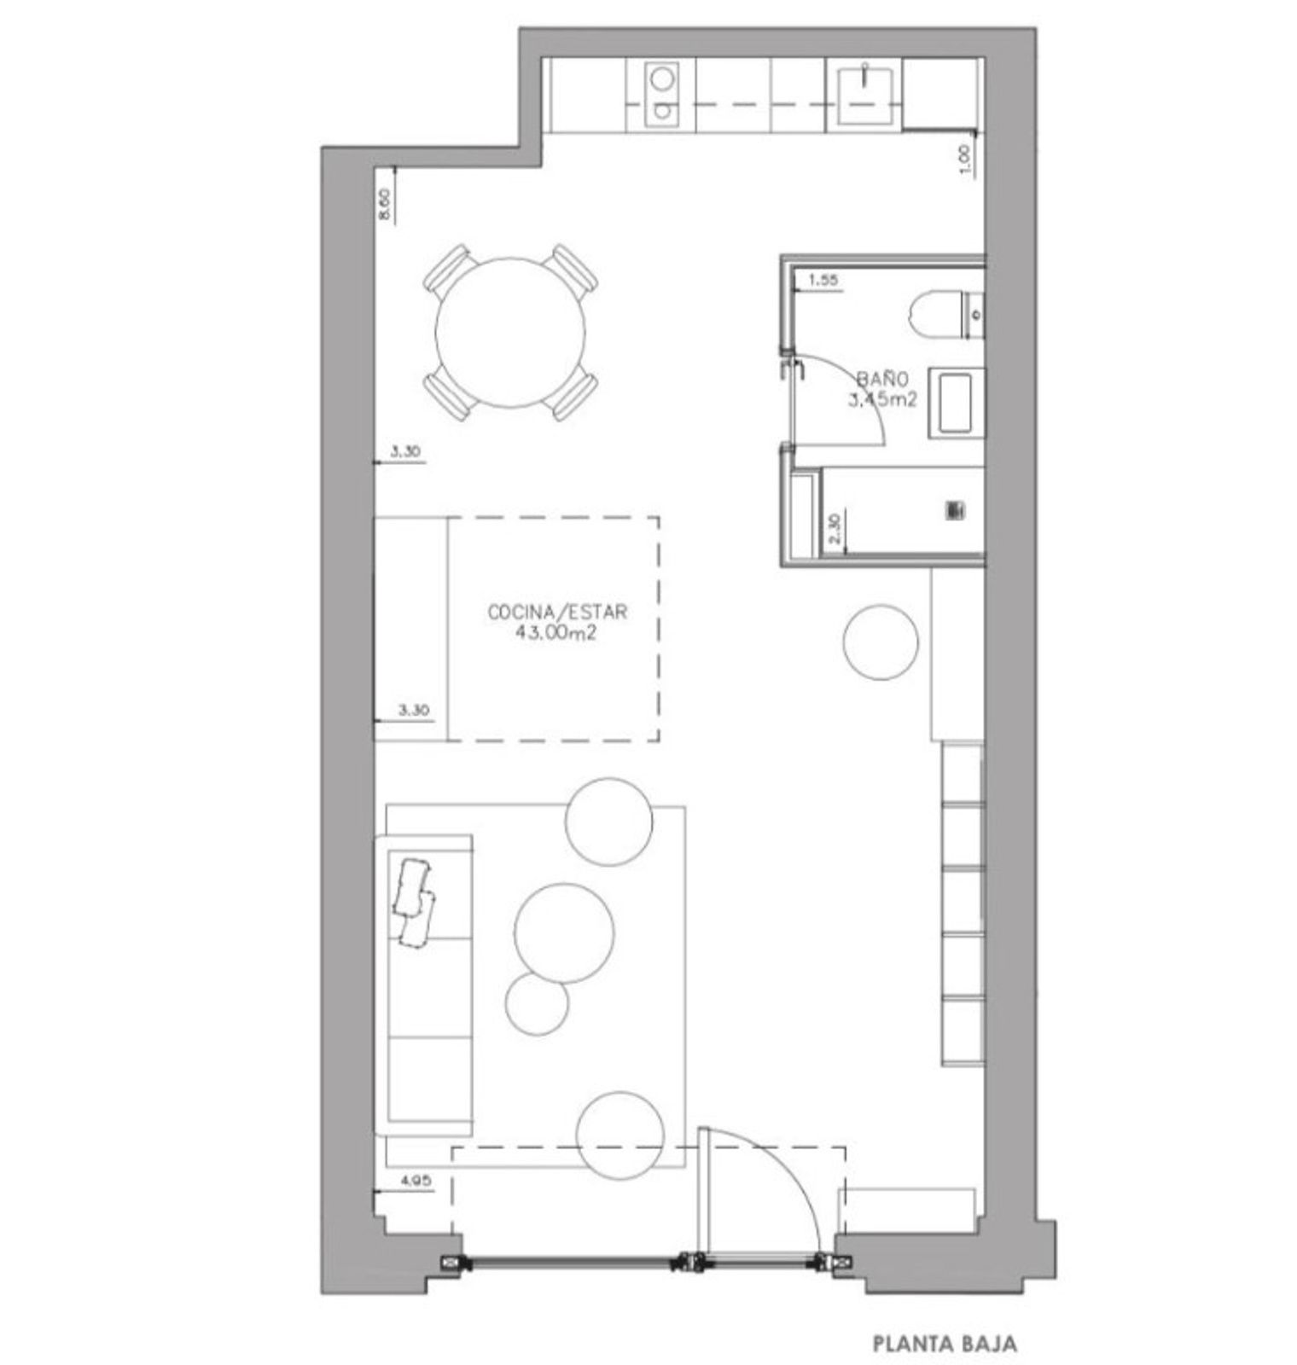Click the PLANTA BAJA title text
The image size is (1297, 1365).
coord(945,1344)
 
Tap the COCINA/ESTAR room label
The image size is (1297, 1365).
coord(557,612)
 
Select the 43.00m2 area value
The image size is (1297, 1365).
coord(555,632)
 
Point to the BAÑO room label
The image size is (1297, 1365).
coord(882,378)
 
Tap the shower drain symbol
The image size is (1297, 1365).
coord(953,510)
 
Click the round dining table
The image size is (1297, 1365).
coord(511,333)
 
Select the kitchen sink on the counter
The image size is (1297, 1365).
coord(866,91)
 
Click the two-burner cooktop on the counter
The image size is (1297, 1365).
coord(660,94)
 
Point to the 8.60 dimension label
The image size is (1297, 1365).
coord(385,205)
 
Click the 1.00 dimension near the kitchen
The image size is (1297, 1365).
coord(965,157)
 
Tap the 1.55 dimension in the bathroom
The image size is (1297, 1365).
coord(822,279)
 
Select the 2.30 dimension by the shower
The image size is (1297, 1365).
coord(835,528)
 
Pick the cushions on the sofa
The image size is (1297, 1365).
coord(414,901)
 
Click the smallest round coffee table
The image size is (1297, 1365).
coord(537,1003)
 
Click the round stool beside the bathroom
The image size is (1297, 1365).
coord(881,642)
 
